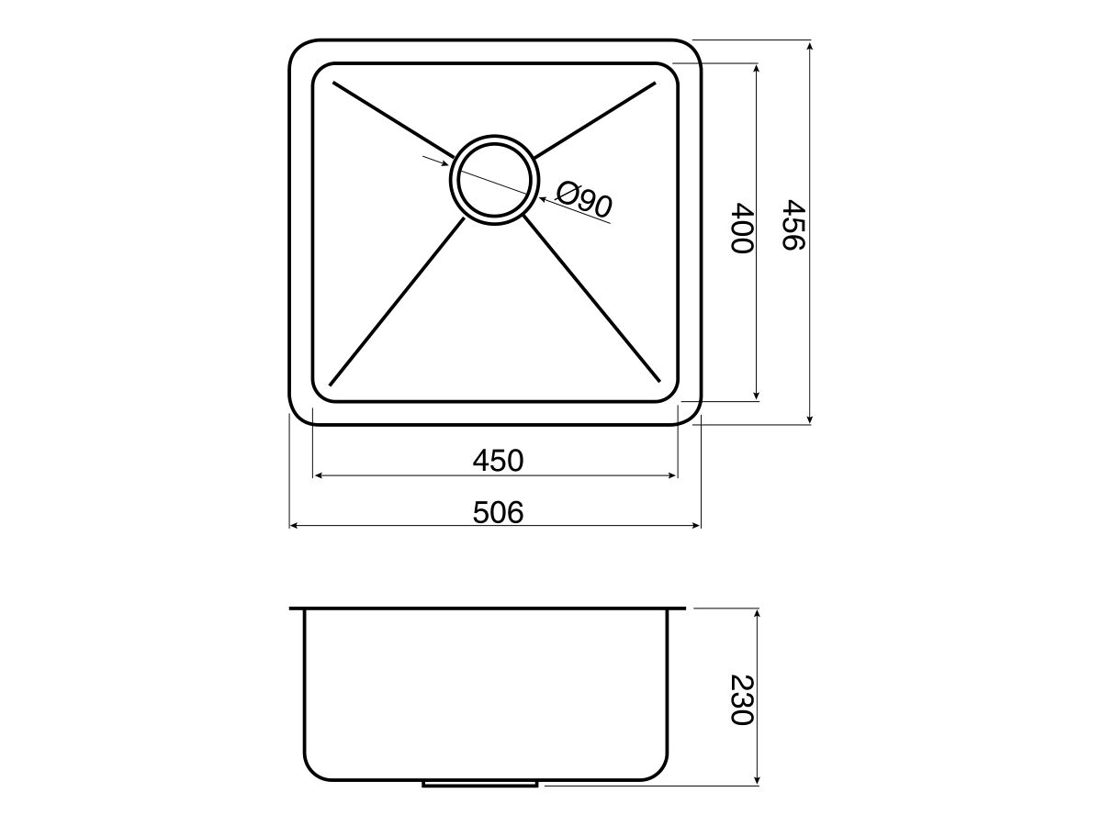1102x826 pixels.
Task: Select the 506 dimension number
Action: pyautogui.click(x=498, y=512)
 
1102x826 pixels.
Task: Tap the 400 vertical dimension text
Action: pyautogui.click(x=741, y=229)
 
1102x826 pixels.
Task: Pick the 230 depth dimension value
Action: pyautogui.click(x=741, y=699)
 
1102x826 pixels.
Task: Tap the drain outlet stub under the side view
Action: pyautogui.click(x=480, y=784)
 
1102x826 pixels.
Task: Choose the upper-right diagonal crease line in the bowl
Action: pyautogui.click(x=595, y=118)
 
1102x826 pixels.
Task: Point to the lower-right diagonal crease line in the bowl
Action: pyautogui.click(x=592, y=299)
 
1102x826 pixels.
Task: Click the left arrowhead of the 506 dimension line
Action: pyautogui.click(x=294, y=526)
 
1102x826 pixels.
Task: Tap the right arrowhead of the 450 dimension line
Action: pyautogui.click(x=672, y=475)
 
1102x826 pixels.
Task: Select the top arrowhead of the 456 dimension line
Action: pyautogui.click(x=809, y=45)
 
